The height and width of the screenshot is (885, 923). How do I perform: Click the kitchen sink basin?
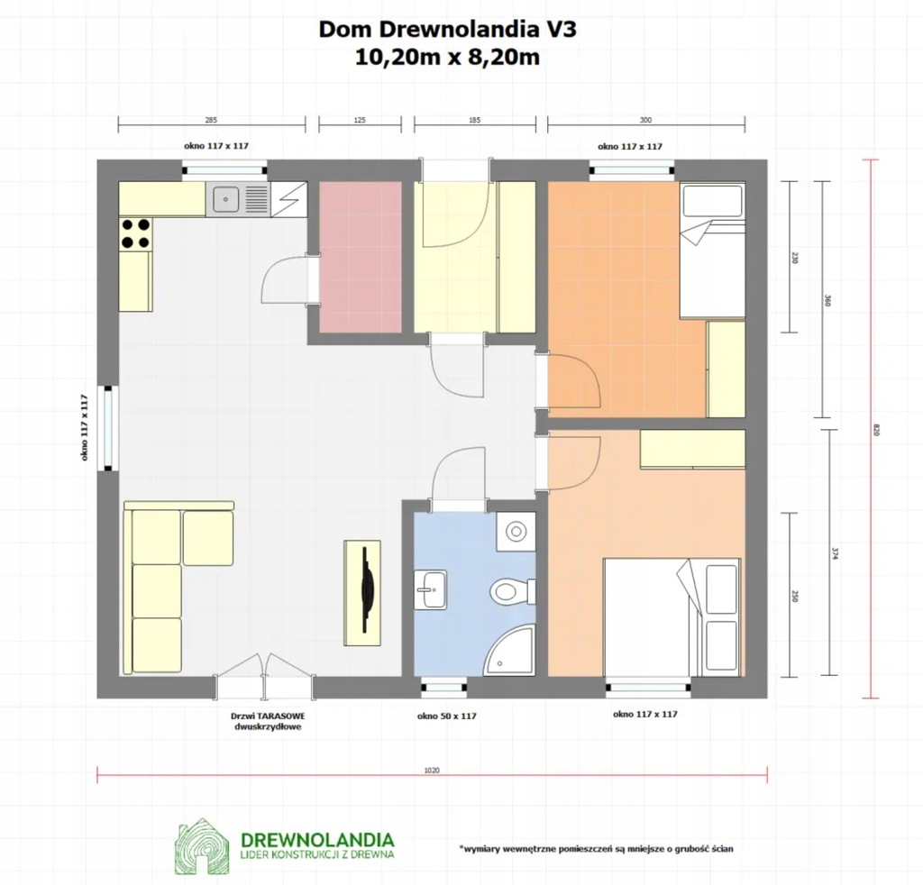[224, 199]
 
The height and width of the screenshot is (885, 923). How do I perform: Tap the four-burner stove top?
[135, 233]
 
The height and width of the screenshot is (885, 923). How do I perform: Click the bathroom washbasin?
[430, 589]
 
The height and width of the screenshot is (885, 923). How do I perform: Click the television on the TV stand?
[368, 589]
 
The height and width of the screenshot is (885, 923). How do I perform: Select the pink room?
[361, 257]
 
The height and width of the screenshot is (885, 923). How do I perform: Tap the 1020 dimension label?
[432, 770]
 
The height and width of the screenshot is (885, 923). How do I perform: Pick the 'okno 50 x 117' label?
[447, 716]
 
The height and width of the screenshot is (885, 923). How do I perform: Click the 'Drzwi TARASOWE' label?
[268, 716]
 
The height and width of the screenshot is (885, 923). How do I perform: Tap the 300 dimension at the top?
[645, 120]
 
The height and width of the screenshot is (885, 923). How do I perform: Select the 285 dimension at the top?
[211, 120]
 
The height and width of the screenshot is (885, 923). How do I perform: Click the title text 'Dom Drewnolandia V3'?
[447, 30]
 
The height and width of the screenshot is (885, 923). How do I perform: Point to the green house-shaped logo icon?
[201, 845]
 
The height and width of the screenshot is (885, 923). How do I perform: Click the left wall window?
[108, 428]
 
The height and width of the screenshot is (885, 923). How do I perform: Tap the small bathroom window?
[443, 687]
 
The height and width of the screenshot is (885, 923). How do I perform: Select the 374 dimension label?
[834, 553]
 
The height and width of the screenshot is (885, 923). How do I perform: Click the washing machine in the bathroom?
[516, 532]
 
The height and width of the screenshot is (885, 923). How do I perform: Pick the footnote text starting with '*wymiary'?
[596, 849]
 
